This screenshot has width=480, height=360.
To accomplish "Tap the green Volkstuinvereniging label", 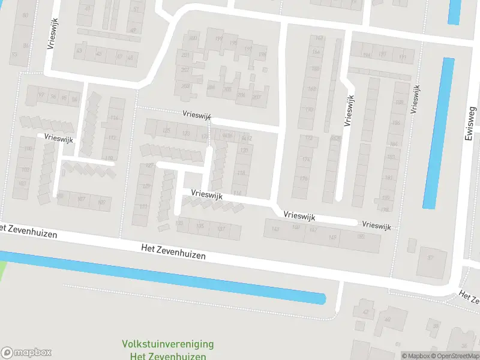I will [x=168, y=344].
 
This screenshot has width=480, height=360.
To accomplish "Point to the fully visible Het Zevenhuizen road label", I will [x=174, y=251].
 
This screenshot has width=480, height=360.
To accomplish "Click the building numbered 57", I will [x=430, y=257].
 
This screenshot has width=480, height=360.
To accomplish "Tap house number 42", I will [x=365, y=312].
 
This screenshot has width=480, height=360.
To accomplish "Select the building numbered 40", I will [x=388, y=319].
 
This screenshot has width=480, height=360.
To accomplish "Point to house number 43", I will [x=79, y=51].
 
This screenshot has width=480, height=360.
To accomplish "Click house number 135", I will [x=200, y=226].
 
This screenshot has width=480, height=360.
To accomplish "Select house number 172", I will [x=308, y=139].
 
